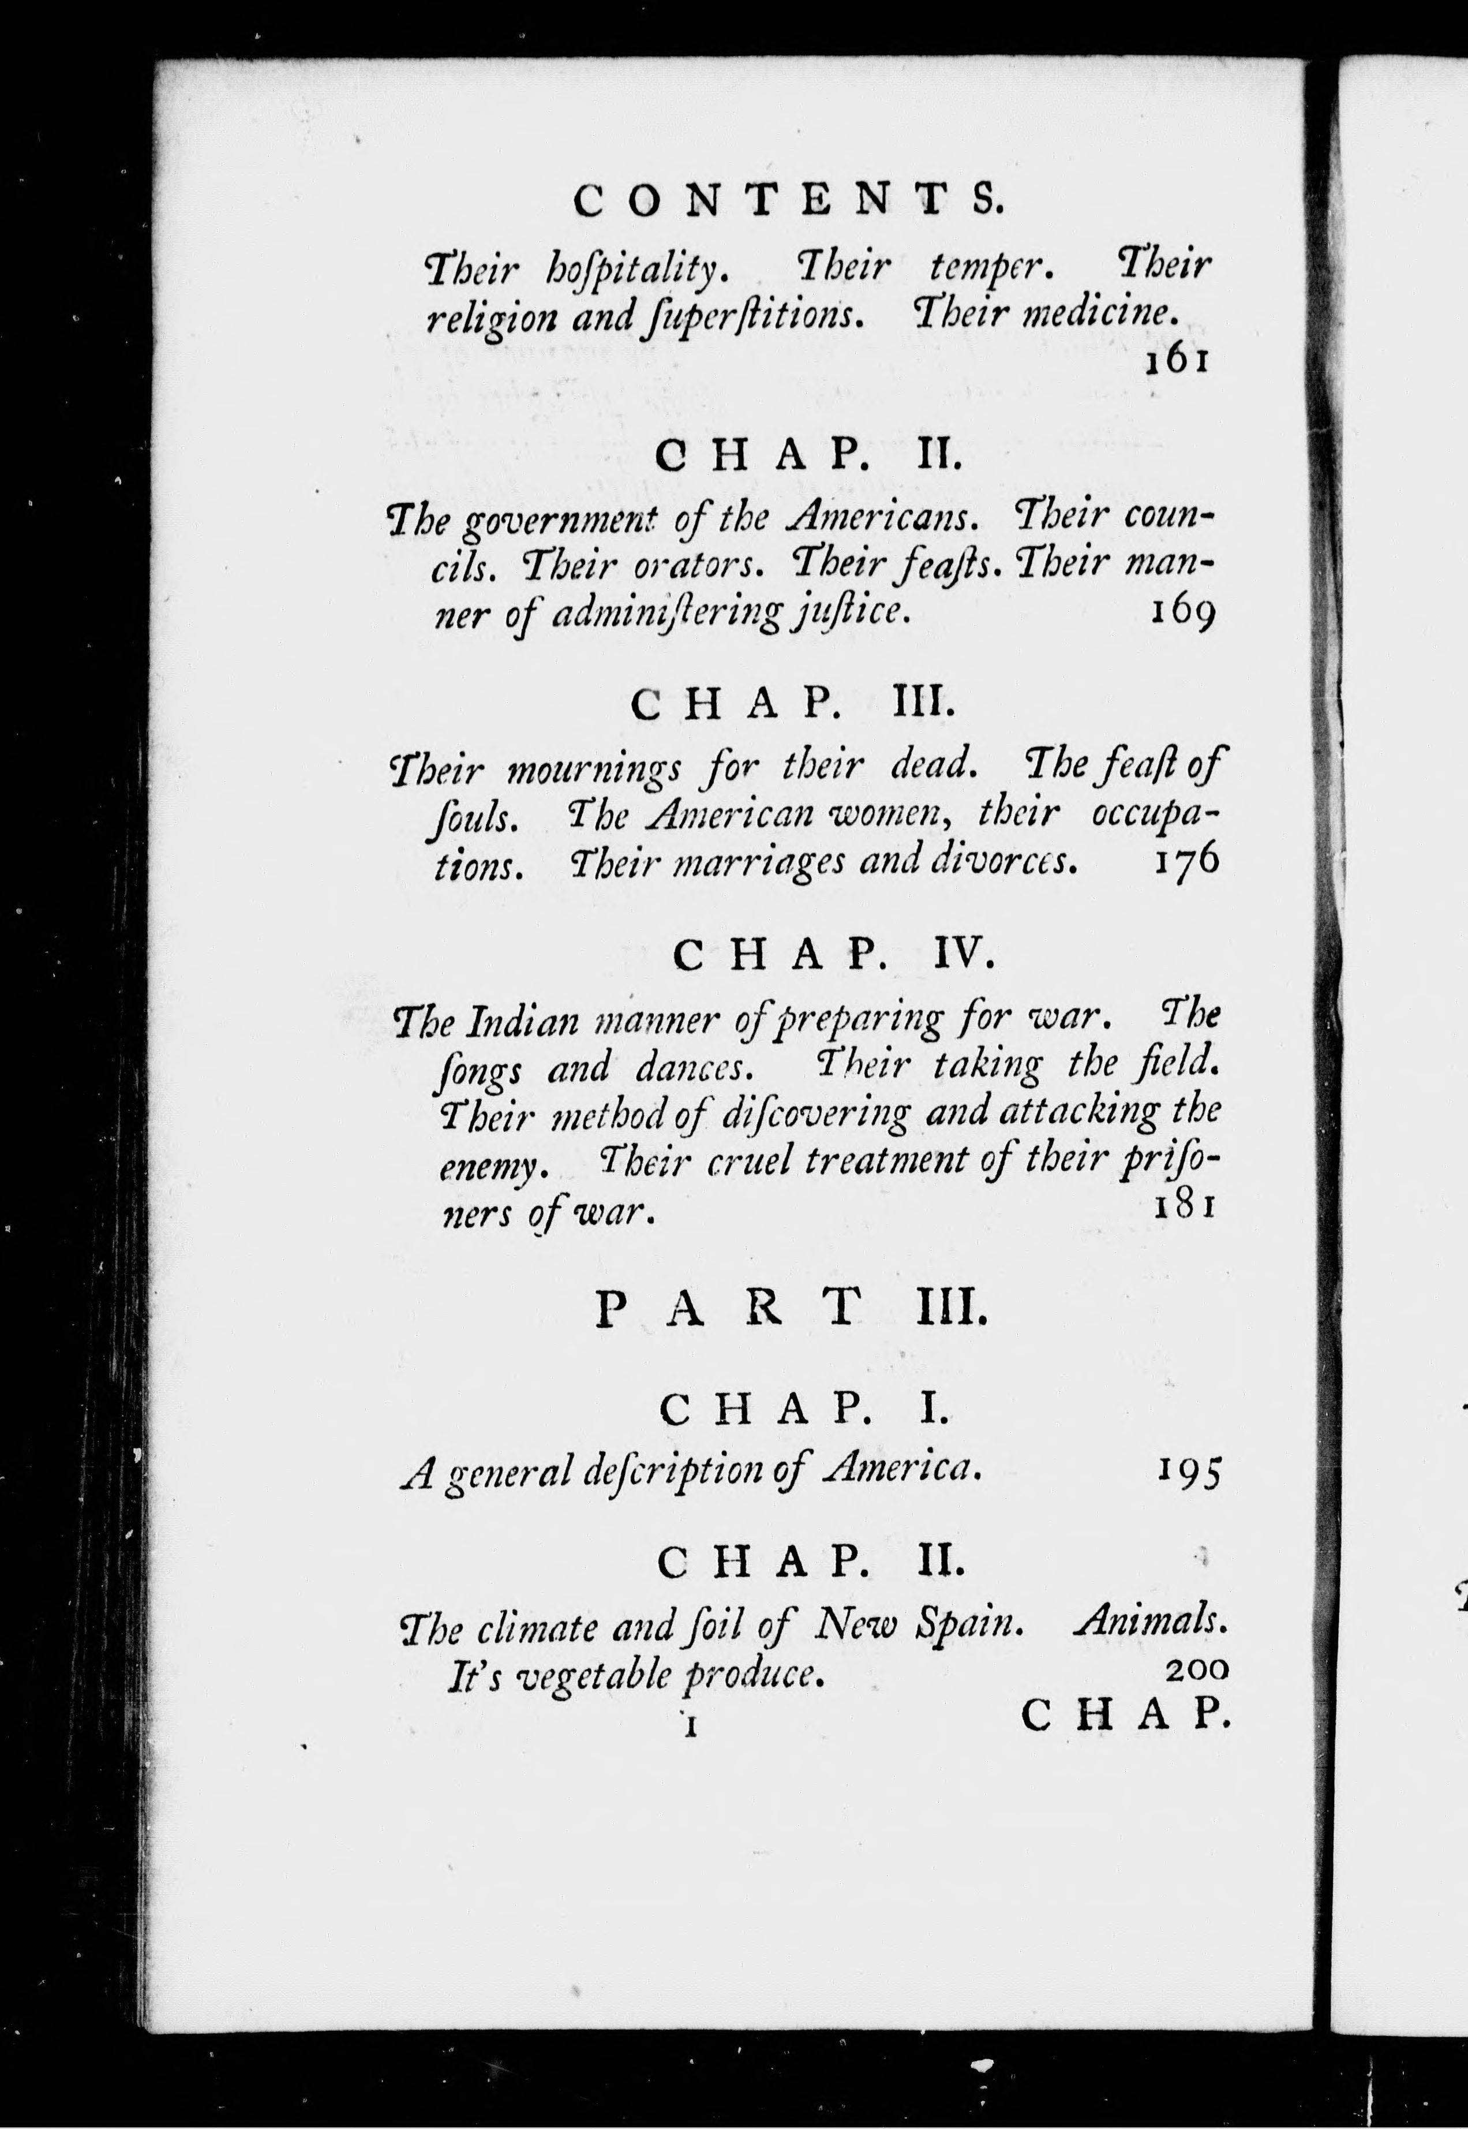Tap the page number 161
(x=1175, y=361)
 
